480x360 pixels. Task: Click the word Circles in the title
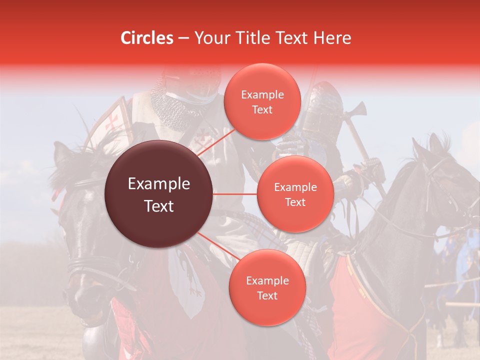point(146,38)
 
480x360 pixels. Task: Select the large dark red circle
point(159,194)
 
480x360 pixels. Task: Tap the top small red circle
point(262,101)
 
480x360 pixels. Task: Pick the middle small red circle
point(295,194)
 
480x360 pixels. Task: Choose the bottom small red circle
point(267,287)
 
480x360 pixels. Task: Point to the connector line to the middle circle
point(235,194)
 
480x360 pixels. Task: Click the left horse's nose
point(75,300)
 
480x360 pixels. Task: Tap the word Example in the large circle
point(159,184)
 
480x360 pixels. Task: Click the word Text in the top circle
point(262,109)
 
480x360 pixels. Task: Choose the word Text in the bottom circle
point(267,295)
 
